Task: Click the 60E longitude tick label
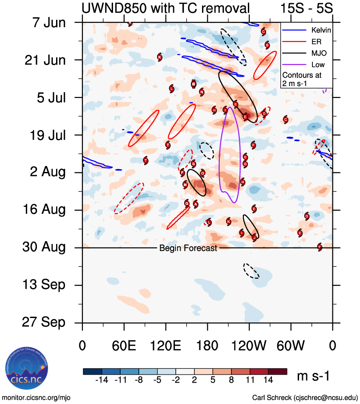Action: point(124,345)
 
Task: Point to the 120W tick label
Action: point(249,345)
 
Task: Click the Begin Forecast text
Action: point(188,248)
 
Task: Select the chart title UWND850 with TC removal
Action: point(165,8)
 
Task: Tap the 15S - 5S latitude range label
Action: point(306,8)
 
